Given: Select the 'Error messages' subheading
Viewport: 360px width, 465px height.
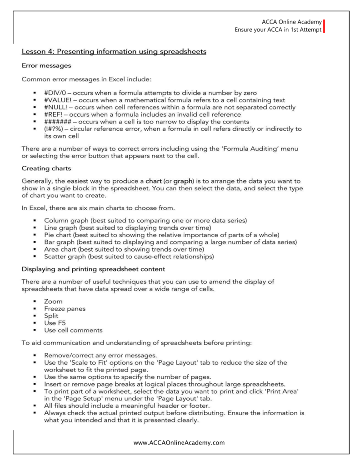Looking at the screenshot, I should pyautogui.click(x=46, y=65).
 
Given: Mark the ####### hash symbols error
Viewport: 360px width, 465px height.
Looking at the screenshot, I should pyautogui.click(x=58, y=122).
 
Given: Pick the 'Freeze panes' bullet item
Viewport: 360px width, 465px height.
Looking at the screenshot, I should pyautogui.click(x=65, y=308).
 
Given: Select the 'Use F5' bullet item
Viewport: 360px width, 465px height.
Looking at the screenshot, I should pyautogui.click(x=54, y=323).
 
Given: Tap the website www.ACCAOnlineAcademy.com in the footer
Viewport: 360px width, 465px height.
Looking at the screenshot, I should pyautogui.click(x=180, y=442).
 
